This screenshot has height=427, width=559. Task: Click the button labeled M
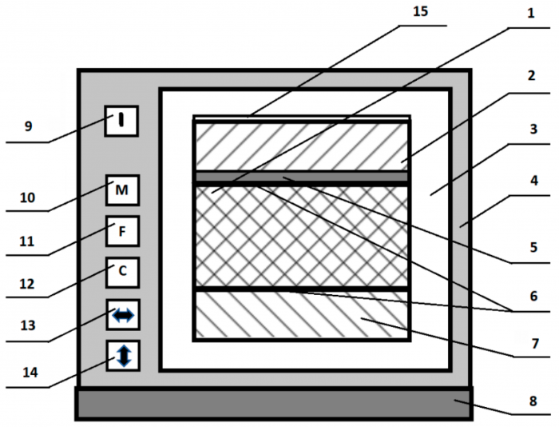click(x=122, y=190)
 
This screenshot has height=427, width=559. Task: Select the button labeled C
click(x=122, y=272)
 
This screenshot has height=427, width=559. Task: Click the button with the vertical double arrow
click(x=122, y=354)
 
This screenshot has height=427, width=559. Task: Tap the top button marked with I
click(x=121, y=121)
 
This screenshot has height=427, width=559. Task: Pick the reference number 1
click(x=531, y=15)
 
